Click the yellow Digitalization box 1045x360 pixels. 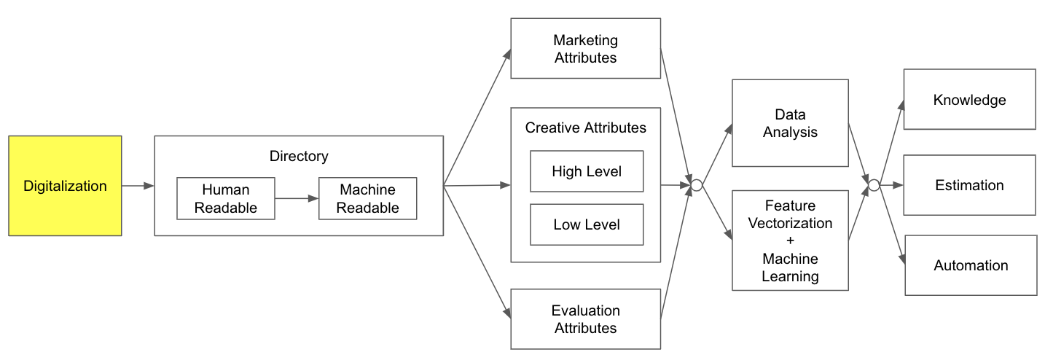(x=65, y=186)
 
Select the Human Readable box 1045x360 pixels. (x=226, y=198)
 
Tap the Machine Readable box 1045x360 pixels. (x=367, y=198)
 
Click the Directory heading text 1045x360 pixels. (x=299, y=156)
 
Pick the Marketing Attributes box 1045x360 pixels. (x=585, y=49)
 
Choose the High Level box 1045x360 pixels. (x=587, y=171)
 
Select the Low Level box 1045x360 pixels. (x=587, y=224)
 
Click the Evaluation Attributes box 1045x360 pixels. (x=585, y=319)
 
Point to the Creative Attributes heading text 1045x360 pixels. (x=585, y=128)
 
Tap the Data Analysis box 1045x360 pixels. (x=790, y=123)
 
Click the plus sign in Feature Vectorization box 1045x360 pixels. (x=790, y=241)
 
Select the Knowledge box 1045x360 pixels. (x=969, y=100)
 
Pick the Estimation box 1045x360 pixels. (x=969, y=185)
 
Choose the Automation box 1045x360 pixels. (x=971, y=265)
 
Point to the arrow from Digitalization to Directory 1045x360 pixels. (x=138, y=186)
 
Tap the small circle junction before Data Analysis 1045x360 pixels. (x=696, y=185)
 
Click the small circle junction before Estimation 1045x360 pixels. (x=873, y=185)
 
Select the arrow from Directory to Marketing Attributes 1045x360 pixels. (x=477, y=117)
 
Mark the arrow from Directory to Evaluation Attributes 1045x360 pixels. (x=477, y=252)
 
